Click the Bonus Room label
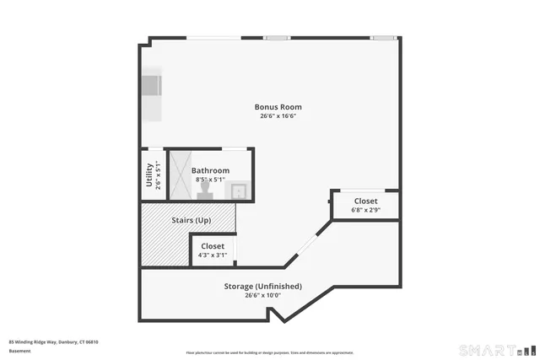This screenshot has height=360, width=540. (x=278, y=107)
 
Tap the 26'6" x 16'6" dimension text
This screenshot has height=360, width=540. (x=278, y=116)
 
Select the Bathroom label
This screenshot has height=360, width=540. (x=212, y=170)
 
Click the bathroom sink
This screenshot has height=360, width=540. (x=240, y=191)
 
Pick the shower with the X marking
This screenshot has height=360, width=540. (x=181, y=175)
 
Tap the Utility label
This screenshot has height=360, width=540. (x=149, y=174)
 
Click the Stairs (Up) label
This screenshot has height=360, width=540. (x=192, y=220)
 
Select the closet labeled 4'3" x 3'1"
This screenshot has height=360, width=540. (x=213, y=250)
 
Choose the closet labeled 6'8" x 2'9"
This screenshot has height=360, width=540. (x=365, y=205)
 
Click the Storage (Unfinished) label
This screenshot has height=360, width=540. (x=262, y=286)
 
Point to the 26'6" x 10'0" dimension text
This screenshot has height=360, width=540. (x=262, y=295)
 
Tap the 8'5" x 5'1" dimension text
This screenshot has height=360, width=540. (x=212, y=180)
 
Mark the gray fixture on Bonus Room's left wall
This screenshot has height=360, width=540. (x=150, y=87)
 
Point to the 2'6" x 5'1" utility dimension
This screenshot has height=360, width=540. (x=157, y=174)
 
